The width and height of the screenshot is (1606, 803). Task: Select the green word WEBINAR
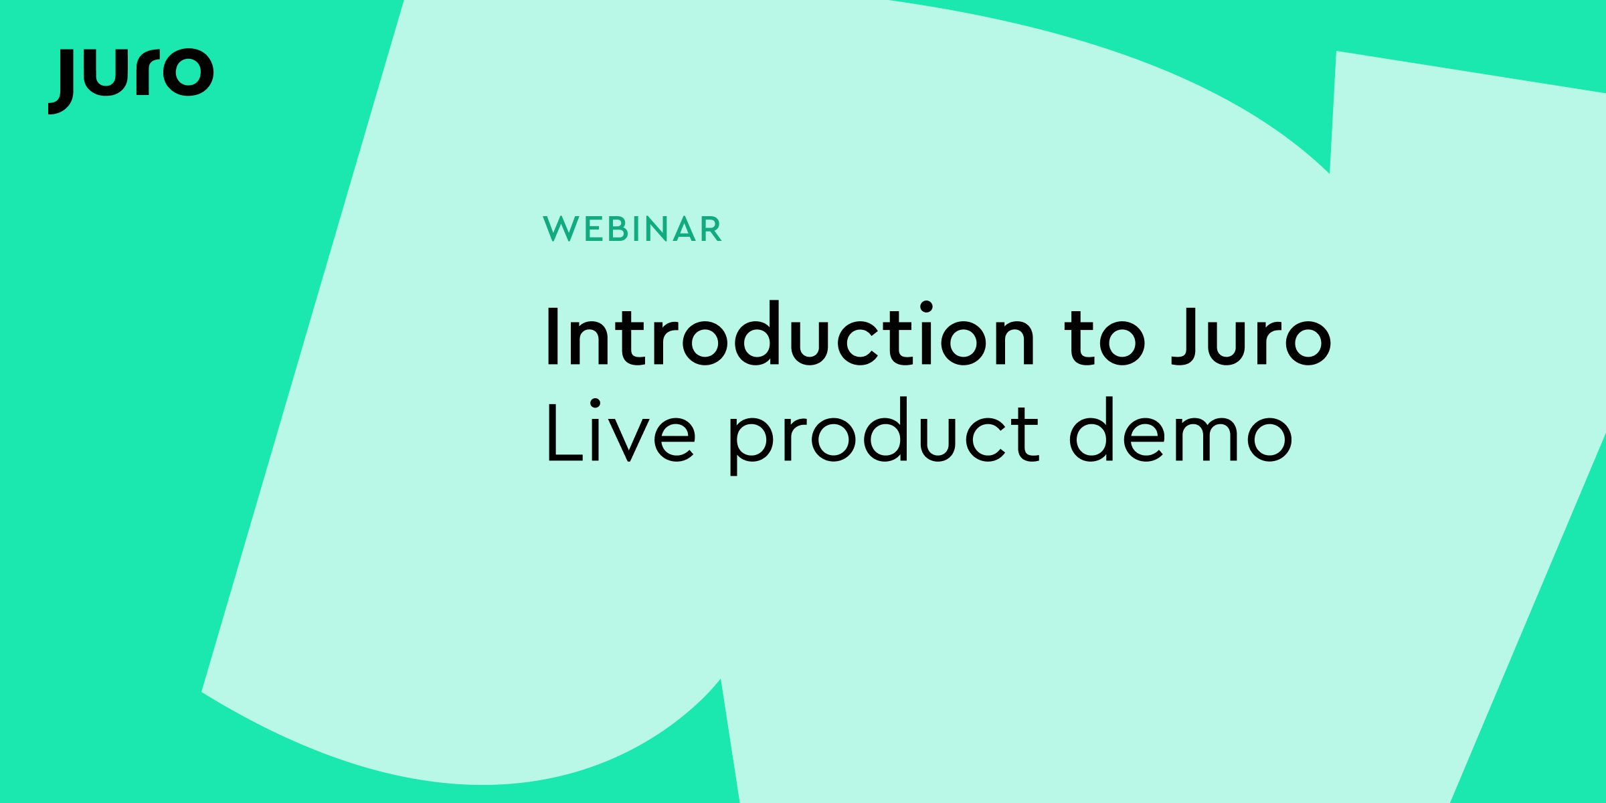[632, 229]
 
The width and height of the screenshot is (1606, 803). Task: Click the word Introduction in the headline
[790, 335]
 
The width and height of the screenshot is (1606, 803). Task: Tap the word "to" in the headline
[1105, 338]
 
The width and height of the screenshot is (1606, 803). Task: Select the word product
[883, 435]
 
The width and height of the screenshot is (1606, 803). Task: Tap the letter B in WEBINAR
[617, 229]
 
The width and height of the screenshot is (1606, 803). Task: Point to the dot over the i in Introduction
[926, 306]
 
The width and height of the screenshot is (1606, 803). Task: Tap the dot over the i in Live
[595, 403]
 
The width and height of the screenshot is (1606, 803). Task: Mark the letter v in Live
[629, 440]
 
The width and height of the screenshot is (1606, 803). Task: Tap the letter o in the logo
[189, 72]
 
